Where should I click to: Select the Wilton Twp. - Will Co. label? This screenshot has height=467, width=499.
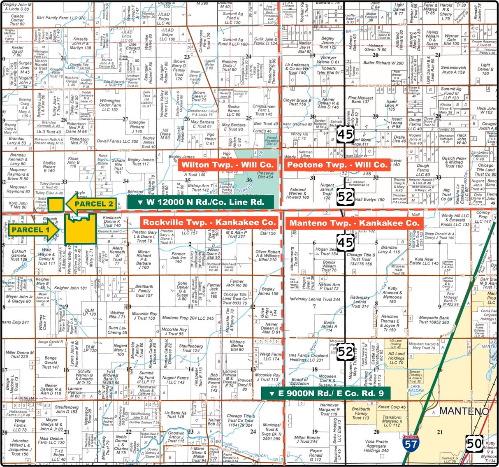(x=227, y=165)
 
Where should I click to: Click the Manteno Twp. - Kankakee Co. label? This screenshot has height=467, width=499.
(x=354, y=223)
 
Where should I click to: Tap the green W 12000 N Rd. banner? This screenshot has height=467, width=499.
(x=201, y=202)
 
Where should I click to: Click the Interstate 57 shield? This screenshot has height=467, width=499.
(x=411, y=444)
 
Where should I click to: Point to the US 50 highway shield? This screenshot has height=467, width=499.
(x=474, y=444)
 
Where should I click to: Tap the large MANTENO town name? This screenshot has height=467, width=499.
(x=464, y=411)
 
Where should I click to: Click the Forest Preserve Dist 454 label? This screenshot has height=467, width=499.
(x=265, y=175)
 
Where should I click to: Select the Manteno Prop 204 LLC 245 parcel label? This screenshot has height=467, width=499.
(x=188, y=318)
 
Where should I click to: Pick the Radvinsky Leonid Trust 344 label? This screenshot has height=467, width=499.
(x=315, y=299)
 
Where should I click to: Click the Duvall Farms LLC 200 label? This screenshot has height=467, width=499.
(x=118, y=141)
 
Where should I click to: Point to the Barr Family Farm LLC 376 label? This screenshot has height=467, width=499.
(x=61, y=18)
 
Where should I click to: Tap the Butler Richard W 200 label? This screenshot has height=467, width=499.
(x=383, y=63)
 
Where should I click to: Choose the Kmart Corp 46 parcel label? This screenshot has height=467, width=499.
(x=392, y=407)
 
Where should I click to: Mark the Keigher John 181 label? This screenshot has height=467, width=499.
(x=71, y=288)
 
